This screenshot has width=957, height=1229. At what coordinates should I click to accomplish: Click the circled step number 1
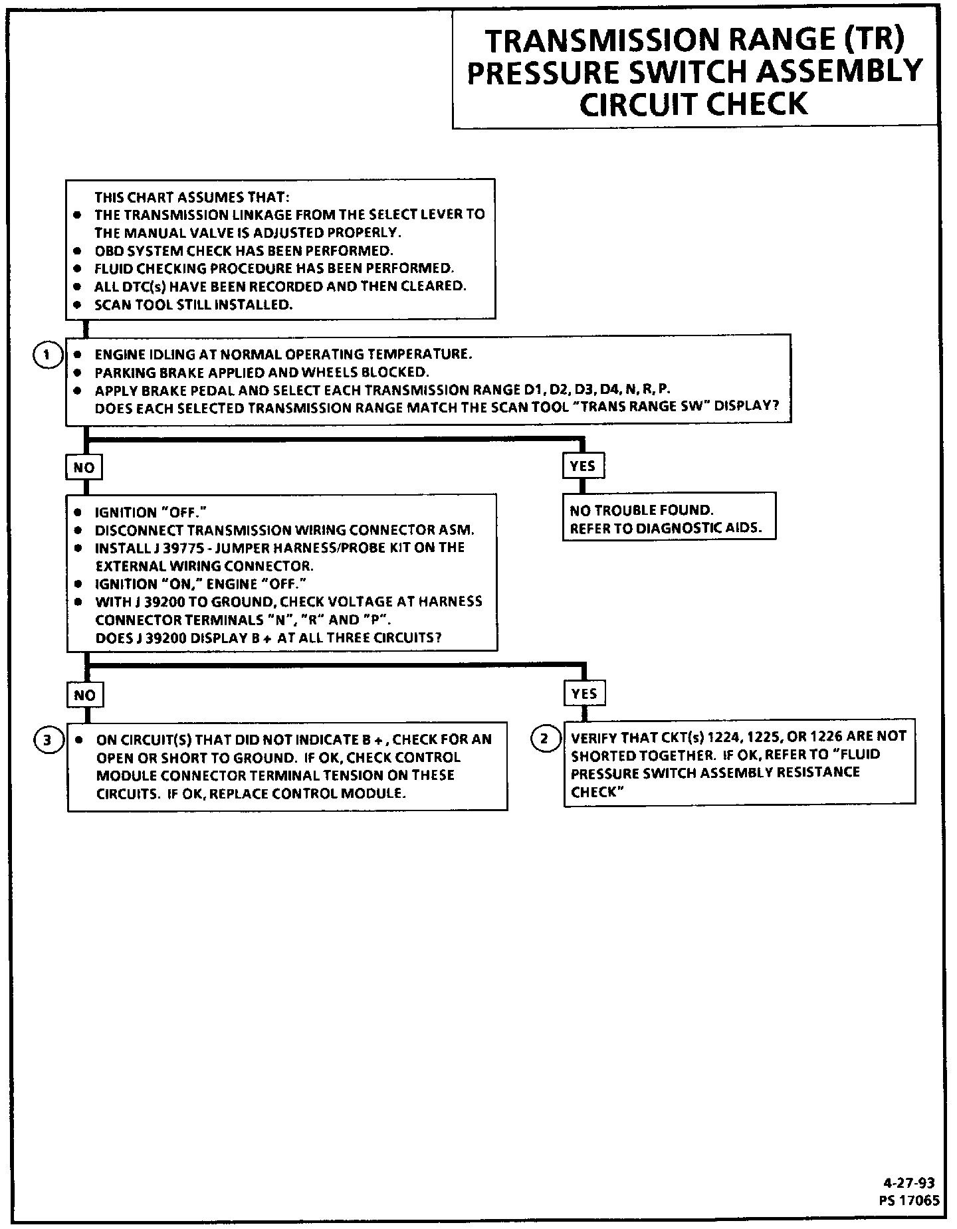click(x=46, y=355)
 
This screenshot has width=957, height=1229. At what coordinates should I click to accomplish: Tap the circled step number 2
click(x=545, y=738)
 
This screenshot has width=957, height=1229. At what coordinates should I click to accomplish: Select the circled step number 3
click(x=47, y=740)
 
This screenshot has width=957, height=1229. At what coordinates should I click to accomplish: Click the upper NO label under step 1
click(x=84, y=468)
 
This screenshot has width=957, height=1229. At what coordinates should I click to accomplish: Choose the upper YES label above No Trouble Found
click(x=583, y=466)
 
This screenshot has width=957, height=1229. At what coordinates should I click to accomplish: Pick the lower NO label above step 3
click(x=84, y=696)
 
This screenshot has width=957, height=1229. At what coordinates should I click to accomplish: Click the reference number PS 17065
click(x=908, y=1200)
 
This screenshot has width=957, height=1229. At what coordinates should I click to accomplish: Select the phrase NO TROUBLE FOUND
click(x=641, y=510)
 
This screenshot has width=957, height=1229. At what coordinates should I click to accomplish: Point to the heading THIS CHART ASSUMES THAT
click(x=192, y=197)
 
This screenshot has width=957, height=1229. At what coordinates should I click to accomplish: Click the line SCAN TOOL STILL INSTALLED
click(x=193, y=305)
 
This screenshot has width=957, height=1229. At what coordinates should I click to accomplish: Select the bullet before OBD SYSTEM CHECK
click(x=78, y=251)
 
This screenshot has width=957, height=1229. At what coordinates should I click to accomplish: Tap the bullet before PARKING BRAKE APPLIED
click(x=78, y=373)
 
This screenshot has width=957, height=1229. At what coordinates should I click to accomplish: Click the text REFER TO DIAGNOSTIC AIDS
click(x=665, y=529)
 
